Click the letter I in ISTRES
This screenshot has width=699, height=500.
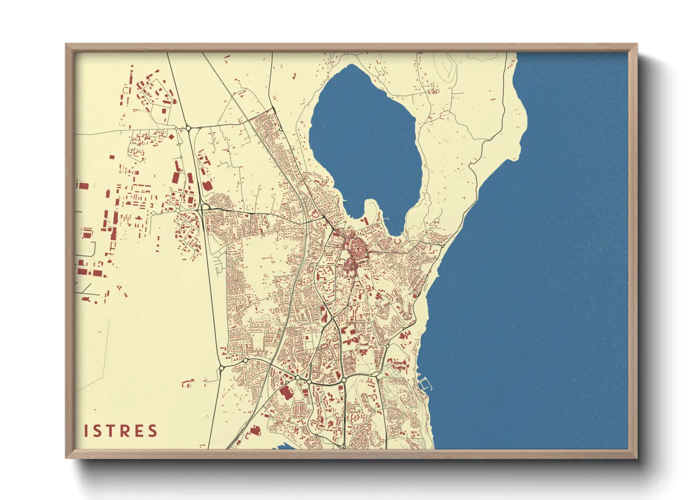86,431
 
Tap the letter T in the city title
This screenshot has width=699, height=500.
112,431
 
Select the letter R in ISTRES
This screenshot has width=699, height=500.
126,431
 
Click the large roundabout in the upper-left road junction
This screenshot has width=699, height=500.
188,128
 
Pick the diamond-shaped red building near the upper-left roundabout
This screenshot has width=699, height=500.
171,137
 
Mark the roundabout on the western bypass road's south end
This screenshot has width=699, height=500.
221,368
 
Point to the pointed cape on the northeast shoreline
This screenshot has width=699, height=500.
524,113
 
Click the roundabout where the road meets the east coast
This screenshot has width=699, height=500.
443,246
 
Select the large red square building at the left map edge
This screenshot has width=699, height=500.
84,186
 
